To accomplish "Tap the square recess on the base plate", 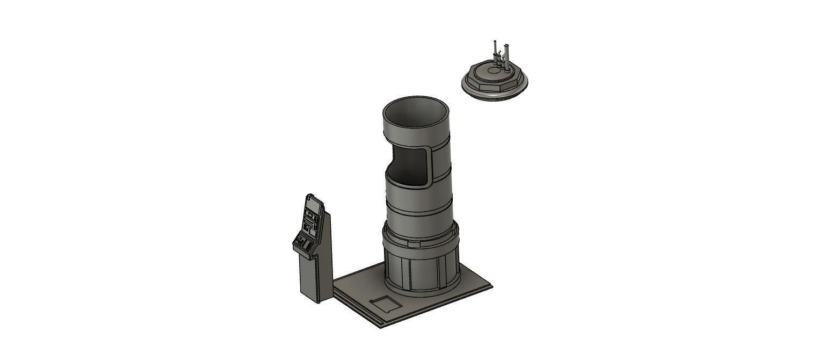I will (x=385, y=304).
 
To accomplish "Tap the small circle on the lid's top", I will (x=494, y=70).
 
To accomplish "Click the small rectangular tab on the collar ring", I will (x=414, y=244).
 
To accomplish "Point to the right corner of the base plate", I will (x=491, y=286).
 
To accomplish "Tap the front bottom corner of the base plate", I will (x=381, y=327).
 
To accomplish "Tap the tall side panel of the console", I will (x=325, y=253).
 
